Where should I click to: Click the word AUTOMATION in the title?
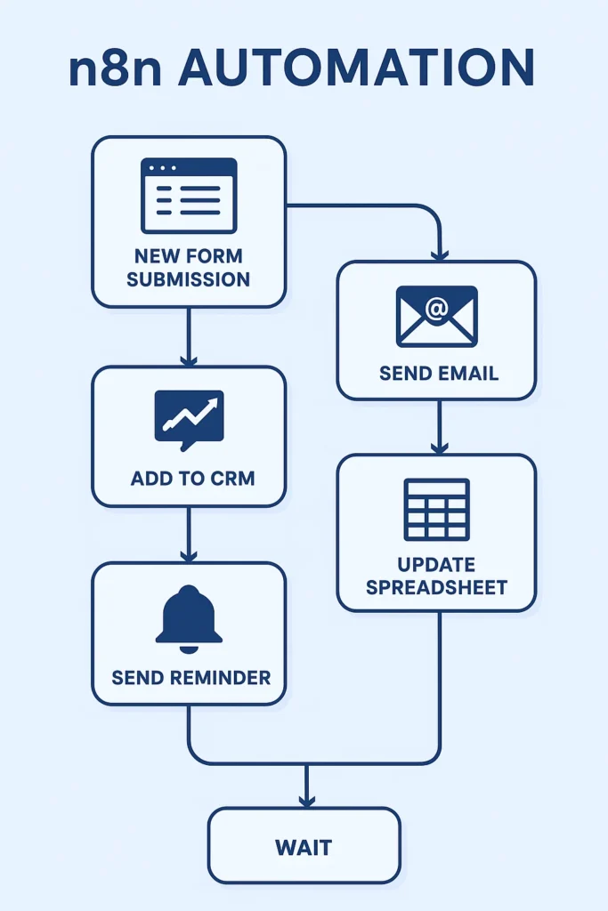click(356, 68)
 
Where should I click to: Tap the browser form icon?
click(189, 196)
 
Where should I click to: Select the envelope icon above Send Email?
click(436, 316)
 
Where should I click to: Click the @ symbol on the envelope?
click(436, 309)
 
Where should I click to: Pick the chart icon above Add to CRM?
click(189, 416)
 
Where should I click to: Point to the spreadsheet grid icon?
click(436, 509)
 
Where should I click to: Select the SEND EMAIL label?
click(438, 373)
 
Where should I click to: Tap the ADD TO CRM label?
click(192, 479)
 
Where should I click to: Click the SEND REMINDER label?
click(191, 677)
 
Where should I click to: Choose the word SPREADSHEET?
click(436, 587)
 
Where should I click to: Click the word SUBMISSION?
click(188, 278)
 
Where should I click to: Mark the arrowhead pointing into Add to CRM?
click(188, 359)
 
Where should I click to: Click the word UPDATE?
click(437, 565)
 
